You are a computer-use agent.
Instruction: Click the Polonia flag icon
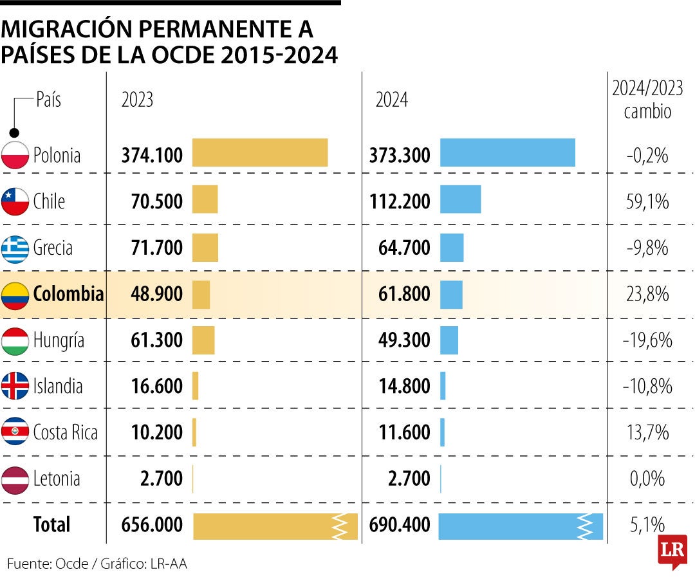[x=15, y=155]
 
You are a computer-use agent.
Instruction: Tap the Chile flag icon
[x=15, y=201]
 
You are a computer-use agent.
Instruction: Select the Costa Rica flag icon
[x=15, y=432]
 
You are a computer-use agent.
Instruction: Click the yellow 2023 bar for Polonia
[x=260, y=153]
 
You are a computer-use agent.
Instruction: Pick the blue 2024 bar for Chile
[x=460, y=199]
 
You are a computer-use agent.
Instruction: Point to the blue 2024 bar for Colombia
[x=451, y=295]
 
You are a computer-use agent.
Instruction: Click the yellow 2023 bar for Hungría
[x=203, y=340]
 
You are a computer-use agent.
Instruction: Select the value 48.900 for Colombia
[x=152, y=295]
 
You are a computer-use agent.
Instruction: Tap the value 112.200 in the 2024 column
[x=400, y=201]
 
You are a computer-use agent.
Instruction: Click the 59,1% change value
[x=647, y=201]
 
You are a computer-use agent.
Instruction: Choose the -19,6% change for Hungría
[x=647, y=340]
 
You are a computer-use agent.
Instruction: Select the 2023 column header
[x=137, y=100]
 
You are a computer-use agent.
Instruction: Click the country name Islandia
[x=58, y=386]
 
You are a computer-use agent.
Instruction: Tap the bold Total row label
[x=51, y=524]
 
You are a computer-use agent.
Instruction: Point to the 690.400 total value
[x=400, y=525]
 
